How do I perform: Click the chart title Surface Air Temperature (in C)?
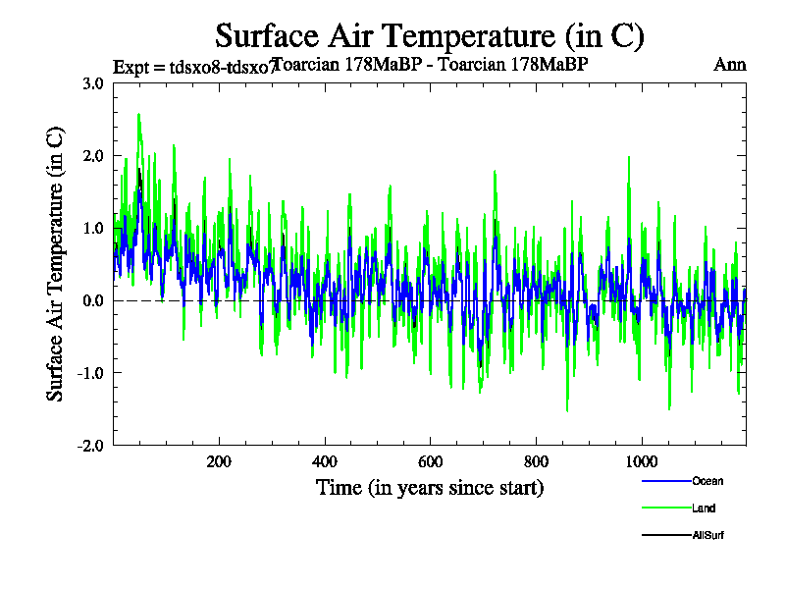click(x=429, y=36)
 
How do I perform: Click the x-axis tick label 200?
click(x=219, y=462)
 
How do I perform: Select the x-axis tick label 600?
click(x=430, y=462)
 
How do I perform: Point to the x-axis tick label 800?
click(x=536, y=462)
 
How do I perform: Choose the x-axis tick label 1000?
click(x=641, y=462)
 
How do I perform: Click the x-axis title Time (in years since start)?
click(x=429, y=487)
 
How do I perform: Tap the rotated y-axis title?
click(x=56, y=263)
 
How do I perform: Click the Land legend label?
click(x=704, y=509)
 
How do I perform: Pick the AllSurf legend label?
click(x=707, y=535)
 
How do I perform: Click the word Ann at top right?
click(x=729, y=66)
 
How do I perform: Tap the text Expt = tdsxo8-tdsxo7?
click(x=192, y=67)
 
